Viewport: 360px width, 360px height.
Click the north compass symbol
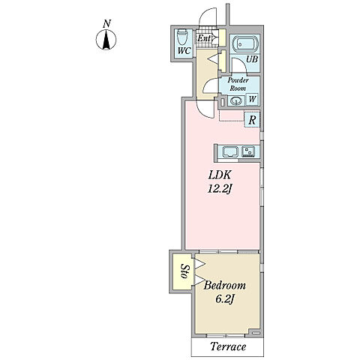(106, 40)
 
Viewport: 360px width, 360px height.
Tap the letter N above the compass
(106, 24)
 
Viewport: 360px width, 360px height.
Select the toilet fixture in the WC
(182, 37)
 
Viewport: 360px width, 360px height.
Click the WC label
(184, 51)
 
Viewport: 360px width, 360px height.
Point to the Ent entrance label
(204, 38)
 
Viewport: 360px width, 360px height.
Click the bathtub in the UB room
(244, 44)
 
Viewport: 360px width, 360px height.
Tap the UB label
(252, 59)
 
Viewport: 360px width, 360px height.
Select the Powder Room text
(238, 84)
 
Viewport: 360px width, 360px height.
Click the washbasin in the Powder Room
(236, 100)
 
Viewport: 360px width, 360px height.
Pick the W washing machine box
(252, 99)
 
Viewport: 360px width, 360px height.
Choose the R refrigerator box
(252, 120)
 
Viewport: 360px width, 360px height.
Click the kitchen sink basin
(230, 151)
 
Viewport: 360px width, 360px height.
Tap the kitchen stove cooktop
(248, 151)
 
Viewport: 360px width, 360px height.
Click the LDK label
(219, 175)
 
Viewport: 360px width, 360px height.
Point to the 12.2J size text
(219, 190)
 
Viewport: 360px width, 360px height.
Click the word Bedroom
(224, 285)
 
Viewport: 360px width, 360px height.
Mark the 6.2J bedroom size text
(224, 299)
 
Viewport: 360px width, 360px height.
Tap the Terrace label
(228, 346)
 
